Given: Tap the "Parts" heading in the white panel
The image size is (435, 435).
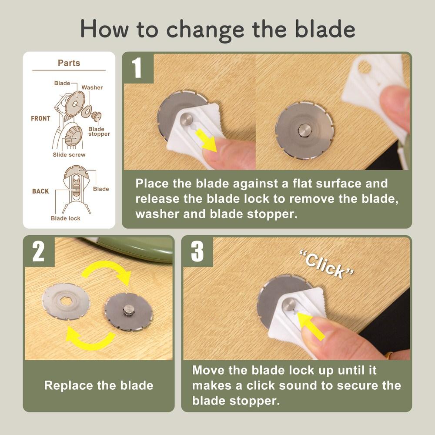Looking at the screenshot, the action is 69,63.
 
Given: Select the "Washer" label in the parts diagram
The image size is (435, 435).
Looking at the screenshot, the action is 92,87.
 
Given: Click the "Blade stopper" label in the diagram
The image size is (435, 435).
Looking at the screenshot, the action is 99,131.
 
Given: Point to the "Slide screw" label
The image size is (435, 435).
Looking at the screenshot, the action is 69,155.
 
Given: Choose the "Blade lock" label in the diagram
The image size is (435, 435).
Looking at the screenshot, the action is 66,218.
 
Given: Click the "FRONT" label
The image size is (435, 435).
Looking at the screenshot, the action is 40,118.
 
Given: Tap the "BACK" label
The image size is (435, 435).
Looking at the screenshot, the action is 40,191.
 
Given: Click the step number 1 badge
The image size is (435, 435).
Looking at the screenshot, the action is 137,68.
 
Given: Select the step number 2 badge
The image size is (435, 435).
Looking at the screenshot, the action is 39,251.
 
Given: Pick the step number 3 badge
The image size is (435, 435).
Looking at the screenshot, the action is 197,251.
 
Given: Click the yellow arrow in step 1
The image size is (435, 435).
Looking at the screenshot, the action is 206,141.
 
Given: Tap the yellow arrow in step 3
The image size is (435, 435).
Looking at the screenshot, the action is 310,325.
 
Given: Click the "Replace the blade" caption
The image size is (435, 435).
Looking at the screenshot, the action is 99,385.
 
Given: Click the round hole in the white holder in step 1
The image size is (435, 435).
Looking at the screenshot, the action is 364,67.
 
